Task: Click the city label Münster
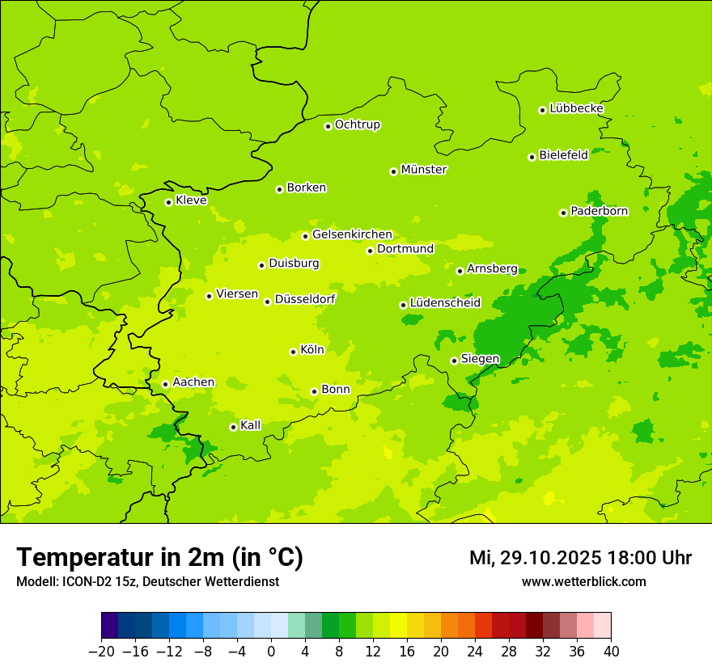(x=424, y=170)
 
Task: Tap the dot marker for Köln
(x=293, y=352)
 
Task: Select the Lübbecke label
(x=576, y=108)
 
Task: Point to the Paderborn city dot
(x=563, y=213)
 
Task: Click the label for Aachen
(x=193, y=382)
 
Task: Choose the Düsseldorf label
(x=305, y=299)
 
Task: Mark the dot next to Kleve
(x=168, y=202)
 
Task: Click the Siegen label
(x=480, y=359)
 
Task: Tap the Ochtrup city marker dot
(x=328, y=126)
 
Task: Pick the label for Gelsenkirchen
(x=352, y=234)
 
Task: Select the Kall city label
(x=251, y=425)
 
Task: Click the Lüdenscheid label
(x=445, y=303)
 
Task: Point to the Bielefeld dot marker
(x=532, y=157)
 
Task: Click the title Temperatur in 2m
(x=159, y=558)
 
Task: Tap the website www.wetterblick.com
(x=583, y=582)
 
